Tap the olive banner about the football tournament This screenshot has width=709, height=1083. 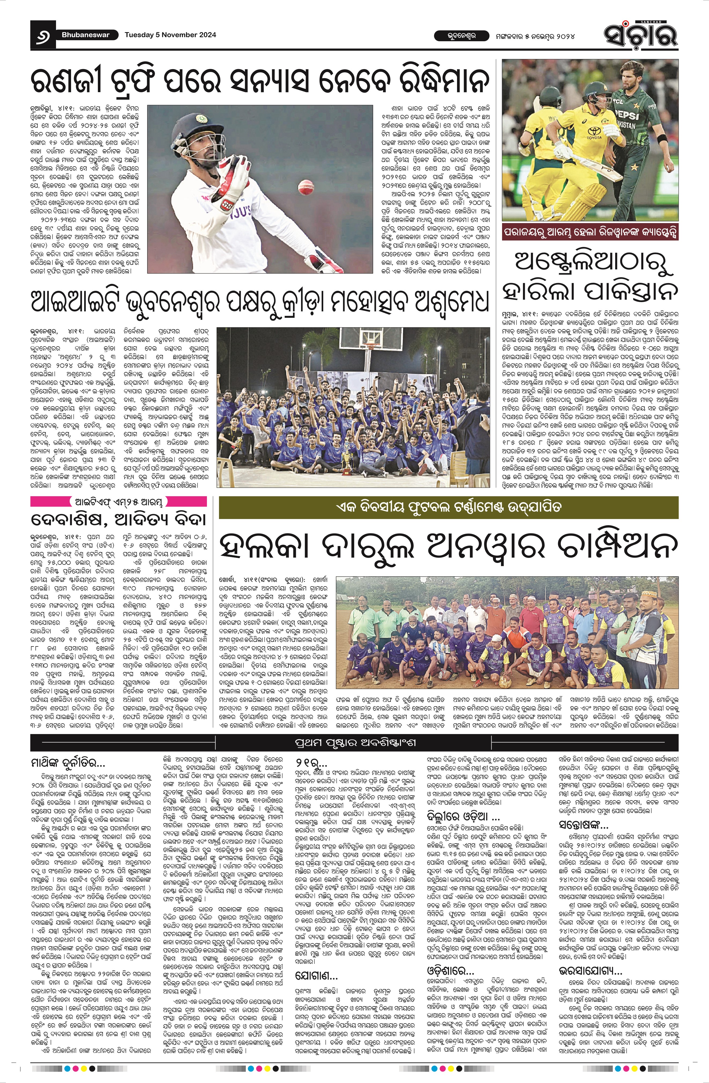click(x=448, y=507)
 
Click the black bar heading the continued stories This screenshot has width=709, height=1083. click(x=354, y=743)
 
